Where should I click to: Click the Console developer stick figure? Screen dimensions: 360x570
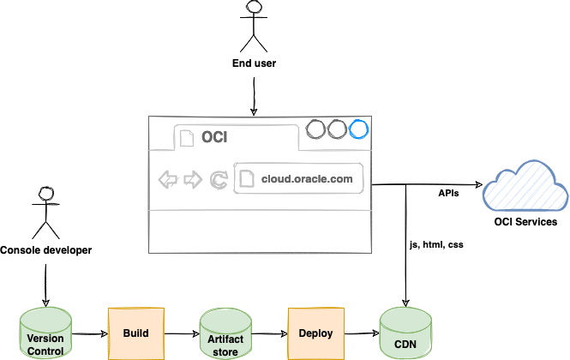(x=45, y=211)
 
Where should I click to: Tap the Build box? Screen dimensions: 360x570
(x=135, y=333)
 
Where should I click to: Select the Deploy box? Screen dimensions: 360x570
(x=315, y=333)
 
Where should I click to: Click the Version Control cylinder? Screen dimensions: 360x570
(x=45, y=334)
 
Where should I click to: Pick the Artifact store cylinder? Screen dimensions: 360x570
(x=225, y=334)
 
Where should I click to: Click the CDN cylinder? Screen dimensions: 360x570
(x=404, y=335)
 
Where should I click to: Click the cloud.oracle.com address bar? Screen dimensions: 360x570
(x=299, y=179)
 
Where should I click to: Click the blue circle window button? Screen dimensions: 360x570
(x=358, y=129)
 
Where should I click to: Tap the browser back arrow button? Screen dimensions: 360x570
(x=168, y=180)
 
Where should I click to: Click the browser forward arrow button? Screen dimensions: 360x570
(x=193, y=180)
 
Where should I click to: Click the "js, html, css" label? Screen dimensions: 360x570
(x=437, y=246)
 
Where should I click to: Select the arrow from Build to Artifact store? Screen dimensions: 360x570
(x=181, y=333)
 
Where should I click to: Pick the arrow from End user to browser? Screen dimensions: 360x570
(x=252, y=97)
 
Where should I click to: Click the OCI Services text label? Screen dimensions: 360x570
(x=525, y=222)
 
